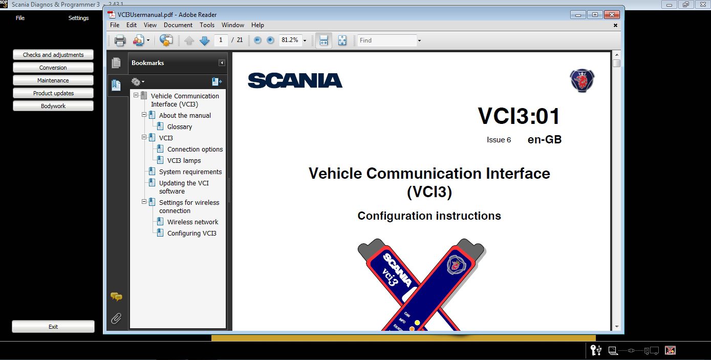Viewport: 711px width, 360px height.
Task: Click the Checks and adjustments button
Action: (x=53, y=55)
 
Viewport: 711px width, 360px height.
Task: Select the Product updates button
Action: (x=53, y=93)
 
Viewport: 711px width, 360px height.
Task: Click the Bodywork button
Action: (x=53, y=106)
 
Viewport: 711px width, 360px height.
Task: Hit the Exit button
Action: (x=53, y=327)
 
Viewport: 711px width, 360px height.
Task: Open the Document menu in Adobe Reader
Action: (x=178, y=25)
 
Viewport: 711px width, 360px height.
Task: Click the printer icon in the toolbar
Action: (x=120, y=40)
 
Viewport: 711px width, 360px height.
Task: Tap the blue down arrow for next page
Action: (x=205, y=40)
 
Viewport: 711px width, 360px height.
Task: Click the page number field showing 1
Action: (x=221, y=40)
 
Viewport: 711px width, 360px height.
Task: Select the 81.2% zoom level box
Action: (x=290, y=40)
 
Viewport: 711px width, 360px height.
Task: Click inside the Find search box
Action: (x=387, y=40)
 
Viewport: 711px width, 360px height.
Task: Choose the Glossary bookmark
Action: (x=180, y=127)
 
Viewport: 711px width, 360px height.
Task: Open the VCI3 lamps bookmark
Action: (x=184, y=161)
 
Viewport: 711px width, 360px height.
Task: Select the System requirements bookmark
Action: (x=190, y=172)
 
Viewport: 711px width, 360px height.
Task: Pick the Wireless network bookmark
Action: (x=192, y=222)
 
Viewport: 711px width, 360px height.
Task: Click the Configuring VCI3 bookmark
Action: (x=191, y=234)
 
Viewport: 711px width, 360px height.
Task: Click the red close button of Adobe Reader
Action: (x=611, y=14)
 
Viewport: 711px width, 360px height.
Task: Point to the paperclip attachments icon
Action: (x=116, y=319)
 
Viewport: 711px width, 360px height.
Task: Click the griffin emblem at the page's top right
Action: (x=582, y=80)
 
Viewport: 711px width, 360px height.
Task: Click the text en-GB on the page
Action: (x=545, y=139)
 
